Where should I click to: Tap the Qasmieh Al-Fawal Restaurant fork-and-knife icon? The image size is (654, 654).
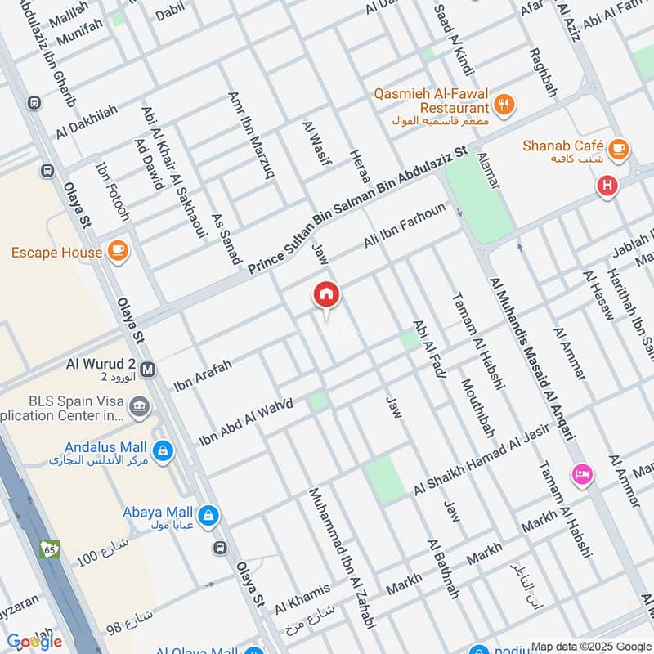click(x=504, y=105)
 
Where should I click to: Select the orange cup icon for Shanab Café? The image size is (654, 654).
click(x=619, y=149)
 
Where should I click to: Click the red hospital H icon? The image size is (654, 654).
click(x=607, y=186)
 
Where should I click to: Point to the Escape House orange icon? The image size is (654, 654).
click(x=118, y=251)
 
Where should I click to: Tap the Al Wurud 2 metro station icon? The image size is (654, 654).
click(x=149, y=369)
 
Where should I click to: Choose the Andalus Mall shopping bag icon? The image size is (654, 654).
click(x=163, y=450)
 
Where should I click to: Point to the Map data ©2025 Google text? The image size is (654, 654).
click(x=590, y=645)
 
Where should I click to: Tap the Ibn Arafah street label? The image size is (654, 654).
click(x=203, y=374)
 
